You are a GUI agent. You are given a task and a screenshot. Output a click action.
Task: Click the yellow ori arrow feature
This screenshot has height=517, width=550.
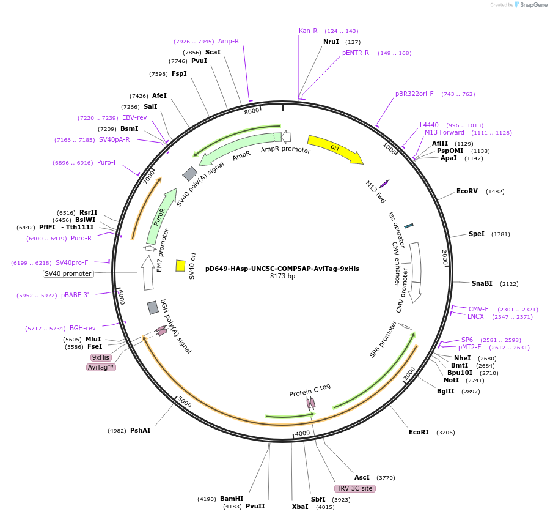click(334, 149)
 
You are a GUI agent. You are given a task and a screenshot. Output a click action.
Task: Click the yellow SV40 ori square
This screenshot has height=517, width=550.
click(180, 266)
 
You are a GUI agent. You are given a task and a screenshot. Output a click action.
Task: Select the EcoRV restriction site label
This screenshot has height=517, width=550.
click(467, 191)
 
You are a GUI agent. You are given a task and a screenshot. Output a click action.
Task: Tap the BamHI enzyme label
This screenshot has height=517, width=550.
click(232, 499)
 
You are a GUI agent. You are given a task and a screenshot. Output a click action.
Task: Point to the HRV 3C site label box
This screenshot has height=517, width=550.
click(354, 488)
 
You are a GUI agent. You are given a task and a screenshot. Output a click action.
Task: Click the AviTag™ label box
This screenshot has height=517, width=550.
click(101, 367)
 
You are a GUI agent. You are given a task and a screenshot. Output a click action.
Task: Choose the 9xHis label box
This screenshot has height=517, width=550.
click(101, 357)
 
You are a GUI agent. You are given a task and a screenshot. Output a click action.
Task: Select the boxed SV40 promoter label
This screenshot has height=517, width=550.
click(68, 273)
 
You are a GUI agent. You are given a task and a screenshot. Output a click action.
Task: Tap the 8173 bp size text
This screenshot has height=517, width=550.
click(282, 276)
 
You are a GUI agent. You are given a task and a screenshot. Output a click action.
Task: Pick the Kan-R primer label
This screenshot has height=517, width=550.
click(308, 31)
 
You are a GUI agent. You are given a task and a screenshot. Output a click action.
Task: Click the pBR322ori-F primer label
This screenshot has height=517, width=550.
click(414, 94)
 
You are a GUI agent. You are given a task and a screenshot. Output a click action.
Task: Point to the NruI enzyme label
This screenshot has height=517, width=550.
click(331, 42)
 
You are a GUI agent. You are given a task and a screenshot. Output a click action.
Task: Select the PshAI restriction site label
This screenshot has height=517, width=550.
click(140, 430)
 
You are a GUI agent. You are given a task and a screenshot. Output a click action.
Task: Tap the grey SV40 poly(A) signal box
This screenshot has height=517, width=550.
click(190, 174)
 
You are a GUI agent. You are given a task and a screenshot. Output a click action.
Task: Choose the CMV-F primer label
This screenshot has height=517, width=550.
click(479, 309)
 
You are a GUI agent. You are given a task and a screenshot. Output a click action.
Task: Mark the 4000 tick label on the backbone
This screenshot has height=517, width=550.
click(302, 433)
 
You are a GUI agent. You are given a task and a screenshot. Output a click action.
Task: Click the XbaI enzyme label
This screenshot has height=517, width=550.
click(300, 507)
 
